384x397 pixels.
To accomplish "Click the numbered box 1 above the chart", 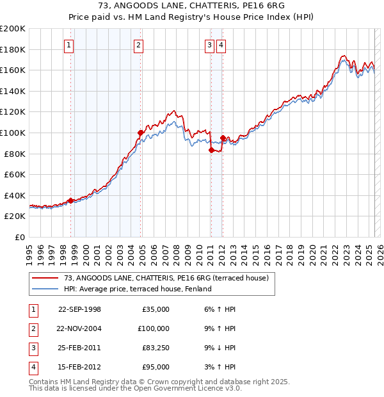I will tap(68, 45).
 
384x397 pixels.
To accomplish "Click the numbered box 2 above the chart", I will tap(138, 45).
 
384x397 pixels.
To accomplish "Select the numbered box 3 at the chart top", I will tap(209, 45).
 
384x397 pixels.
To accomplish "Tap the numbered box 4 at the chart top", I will tap(220, 45).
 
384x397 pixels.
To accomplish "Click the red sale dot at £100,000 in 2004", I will tap(140, 133).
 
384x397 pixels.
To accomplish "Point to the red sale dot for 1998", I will tap(70, 200).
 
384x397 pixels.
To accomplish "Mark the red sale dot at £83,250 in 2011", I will tap(211, 150).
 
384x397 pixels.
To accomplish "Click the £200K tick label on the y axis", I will tap(13, 29).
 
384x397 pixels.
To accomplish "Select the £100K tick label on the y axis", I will tap(13, 133).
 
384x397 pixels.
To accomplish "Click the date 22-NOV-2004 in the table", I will tap(79, 328).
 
